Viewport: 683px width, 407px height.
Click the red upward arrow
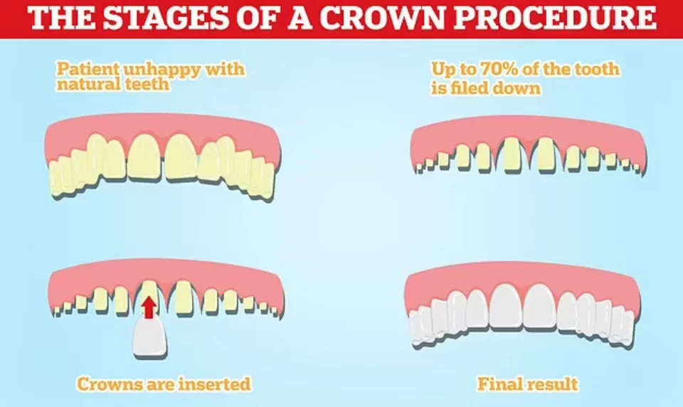coord(149,307)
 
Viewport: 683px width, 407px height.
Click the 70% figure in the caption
coord(481,69)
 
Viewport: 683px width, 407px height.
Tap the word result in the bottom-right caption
coord(551,384)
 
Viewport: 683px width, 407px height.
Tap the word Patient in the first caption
coord(88,69)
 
